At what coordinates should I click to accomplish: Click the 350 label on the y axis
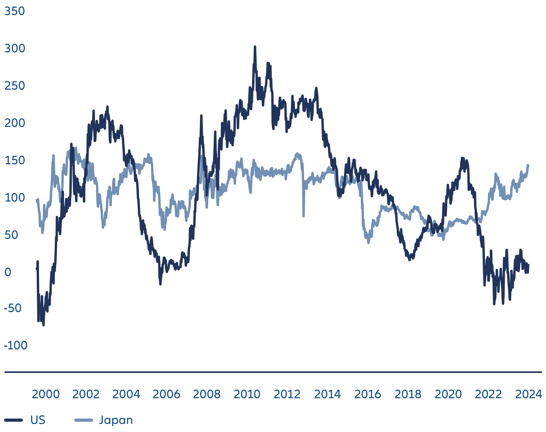pos(15,11)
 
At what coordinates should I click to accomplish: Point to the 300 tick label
pos(15,49)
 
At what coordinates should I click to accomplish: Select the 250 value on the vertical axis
pos(15,86)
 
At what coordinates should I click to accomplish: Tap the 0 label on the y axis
pos(8,272)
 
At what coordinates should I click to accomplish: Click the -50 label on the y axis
pos(13,308)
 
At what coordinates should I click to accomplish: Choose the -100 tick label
pos(16,346)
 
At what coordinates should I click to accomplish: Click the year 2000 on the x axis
pos(46,394)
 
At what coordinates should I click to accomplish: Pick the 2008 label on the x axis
pos(206,394)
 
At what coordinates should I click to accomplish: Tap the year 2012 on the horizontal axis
pos(287,394)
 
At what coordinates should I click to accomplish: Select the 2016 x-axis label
pos(367,394)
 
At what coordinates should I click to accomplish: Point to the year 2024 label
pos(529,394)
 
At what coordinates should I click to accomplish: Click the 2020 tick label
pos(448,394)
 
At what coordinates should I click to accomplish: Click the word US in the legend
pos(38,420)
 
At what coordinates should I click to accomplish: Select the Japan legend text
pos(116,420)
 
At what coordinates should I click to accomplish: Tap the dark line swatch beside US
pos(14,420)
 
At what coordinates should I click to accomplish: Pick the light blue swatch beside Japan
pos(83,420)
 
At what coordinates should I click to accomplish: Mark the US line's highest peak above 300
pos(255,47)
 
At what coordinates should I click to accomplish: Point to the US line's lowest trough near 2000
pos(43,325)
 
